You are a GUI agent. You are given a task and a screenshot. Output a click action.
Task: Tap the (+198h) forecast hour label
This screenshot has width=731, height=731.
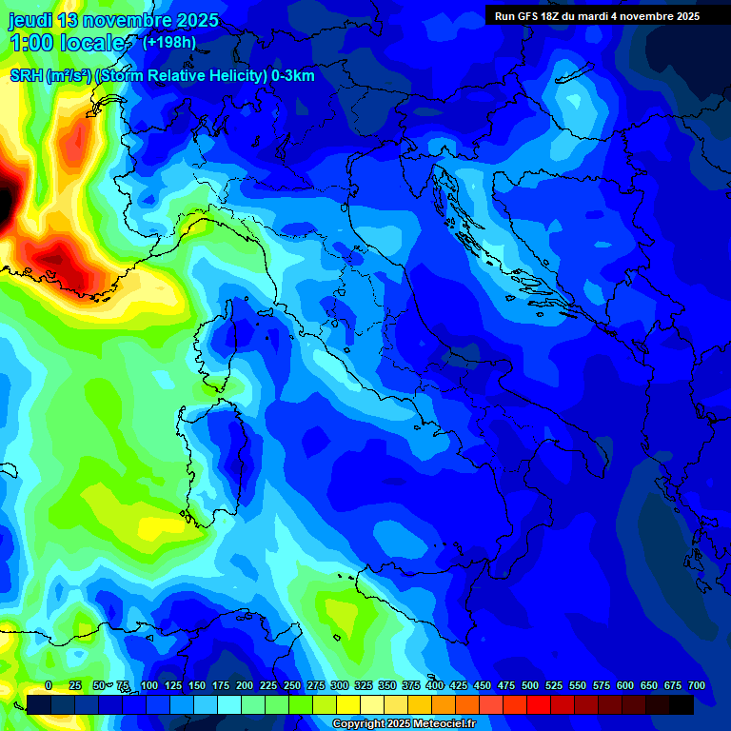pyautogui.click(x=169, y=42)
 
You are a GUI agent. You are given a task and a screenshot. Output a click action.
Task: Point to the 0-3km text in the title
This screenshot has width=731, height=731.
pyautogui.click(x=292, y=76)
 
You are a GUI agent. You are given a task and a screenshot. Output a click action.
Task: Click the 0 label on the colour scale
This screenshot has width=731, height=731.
pyautogui.click(x=49, y=685)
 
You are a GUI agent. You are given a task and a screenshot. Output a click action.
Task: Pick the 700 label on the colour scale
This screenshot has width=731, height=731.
pyautogui.click(x=696, y=685)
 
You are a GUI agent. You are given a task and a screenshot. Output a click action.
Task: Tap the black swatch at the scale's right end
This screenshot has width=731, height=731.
pyautogui.click(x=682, y=704)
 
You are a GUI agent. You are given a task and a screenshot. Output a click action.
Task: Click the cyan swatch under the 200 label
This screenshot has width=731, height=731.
pyautogui.click(x=229, y=704)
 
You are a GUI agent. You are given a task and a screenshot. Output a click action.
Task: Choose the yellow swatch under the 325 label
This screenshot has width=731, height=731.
pyautogui.click(x=348, y=704)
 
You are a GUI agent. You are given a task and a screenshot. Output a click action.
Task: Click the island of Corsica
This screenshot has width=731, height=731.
pyautogui.click(x=220, y=347)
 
